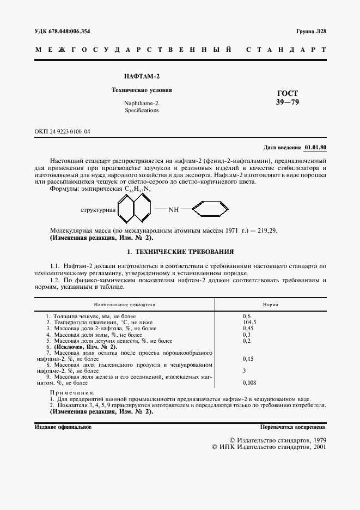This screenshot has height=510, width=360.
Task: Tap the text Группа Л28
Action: coord(312,32)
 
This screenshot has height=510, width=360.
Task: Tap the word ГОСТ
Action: coord(288,93)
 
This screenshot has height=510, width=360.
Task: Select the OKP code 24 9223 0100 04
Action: coord(63,131)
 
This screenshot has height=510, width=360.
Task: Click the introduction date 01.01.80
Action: coord(315,148)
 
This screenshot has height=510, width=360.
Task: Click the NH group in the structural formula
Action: coord(173,209)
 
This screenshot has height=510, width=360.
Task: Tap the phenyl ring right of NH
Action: coord(207,209)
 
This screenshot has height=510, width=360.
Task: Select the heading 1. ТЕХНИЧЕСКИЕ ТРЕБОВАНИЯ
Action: coord(180,252)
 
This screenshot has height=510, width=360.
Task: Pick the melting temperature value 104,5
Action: coord(249,323)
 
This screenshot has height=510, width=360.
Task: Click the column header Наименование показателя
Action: coord(125,305)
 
